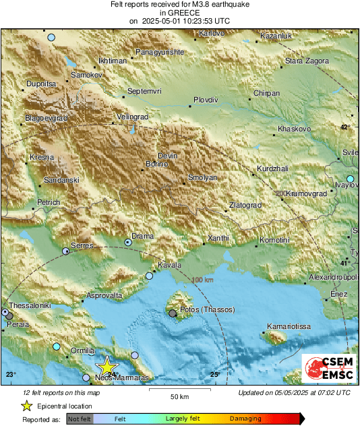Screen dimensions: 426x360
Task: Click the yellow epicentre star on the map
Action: coord(106,366)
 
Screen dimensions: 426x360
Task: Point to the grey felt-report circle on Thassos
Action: coord(173,313)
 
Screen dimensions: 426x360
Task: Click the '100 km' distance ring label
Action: coord(202,280)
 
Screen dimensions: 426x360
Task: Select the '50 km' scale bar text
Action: coord(179,397)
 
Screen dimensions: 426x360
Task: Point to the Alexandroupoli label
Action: coord(330,278)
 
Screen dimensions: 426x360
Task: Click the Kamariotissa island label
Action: coord(288,326)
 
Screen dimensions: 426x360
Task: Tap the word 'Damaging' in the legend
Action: coord(245,419)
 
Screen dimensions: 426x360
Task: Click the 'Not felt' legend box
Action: coord(80,419)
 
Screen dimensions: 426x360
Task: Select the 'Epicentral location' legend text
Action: coord(65,406)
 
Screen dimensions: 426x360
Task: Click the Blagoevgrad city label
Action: coord(47,118)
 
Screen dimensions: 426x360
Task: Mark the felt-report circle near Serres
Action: coord(65,251)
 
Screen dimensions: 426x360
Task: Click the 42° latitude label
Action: coord(345,127)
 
